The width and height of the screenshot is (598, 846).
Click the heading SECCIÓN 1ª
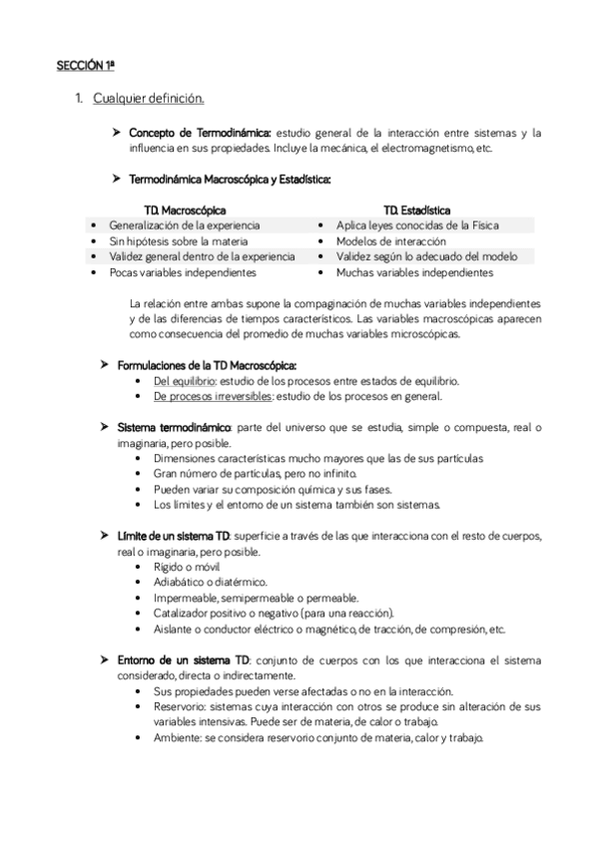pos(86,66)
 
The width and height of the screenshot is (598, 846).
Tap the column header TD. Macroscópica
pos(185,211)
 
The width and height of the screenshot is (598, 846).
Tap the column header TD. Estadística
pos(416,211)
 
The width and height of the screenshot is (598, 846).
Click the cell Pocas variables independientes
pos(176,271)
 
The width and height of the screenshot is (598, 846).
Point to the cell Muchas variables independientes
pos(414,271)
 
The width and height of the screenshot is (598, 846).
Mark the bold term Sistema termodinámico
pos(174,427)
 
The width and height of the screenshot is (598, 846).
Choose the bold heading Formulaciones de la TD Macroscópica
pos(207,365)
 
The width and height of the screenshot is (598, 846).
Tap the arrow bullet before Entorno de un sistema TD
pos(105,659)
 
